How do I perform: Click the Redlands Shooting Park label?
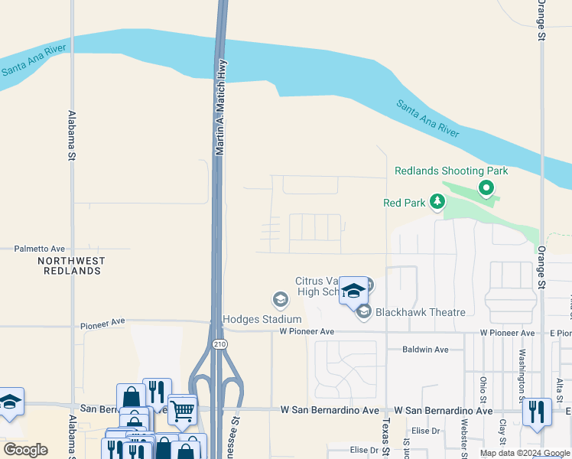(450, 171)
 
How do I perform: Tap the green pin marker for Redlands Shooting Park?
(485, 187)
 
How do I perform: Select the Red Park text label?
(403, 203)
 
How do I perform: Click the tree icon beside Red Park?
(437, 202)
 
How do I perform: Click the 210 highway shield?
(220, 345)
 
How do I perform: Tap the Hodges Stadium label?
(262, 319)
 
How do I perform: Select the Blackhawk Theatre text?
(421, 312)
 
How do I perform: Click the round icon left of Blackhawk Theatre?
(364, 311)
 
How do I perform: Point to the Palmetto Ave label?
(40, 249)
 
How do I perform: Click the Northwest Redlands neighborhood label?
(71, 265)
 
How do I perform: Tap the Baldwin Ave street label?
(425, 349)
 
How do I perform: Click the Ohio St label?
(483, 388)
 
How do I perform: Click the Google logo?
(25, 450)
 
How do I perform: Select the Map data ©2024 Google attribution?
(524, 453)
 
